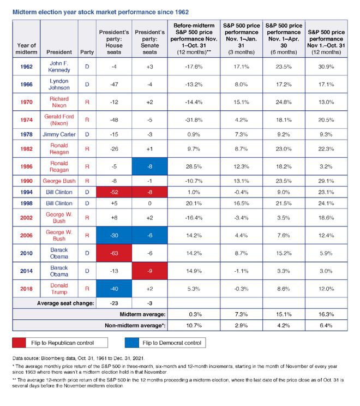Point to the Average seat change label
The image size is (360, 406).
coord(66,302)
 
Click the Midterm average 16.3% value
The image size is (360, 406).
coord(327,314)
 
